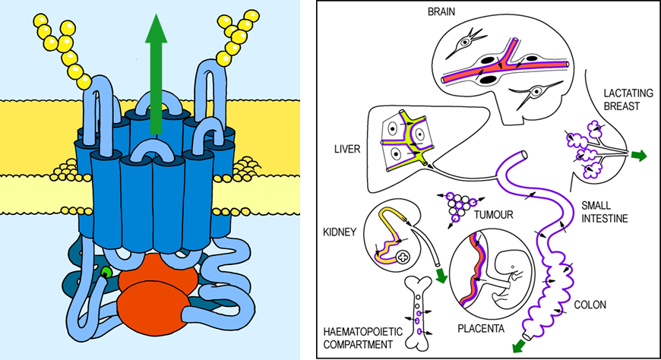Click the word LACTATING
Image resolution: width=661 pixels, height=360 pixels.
[x=621, y=92]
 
